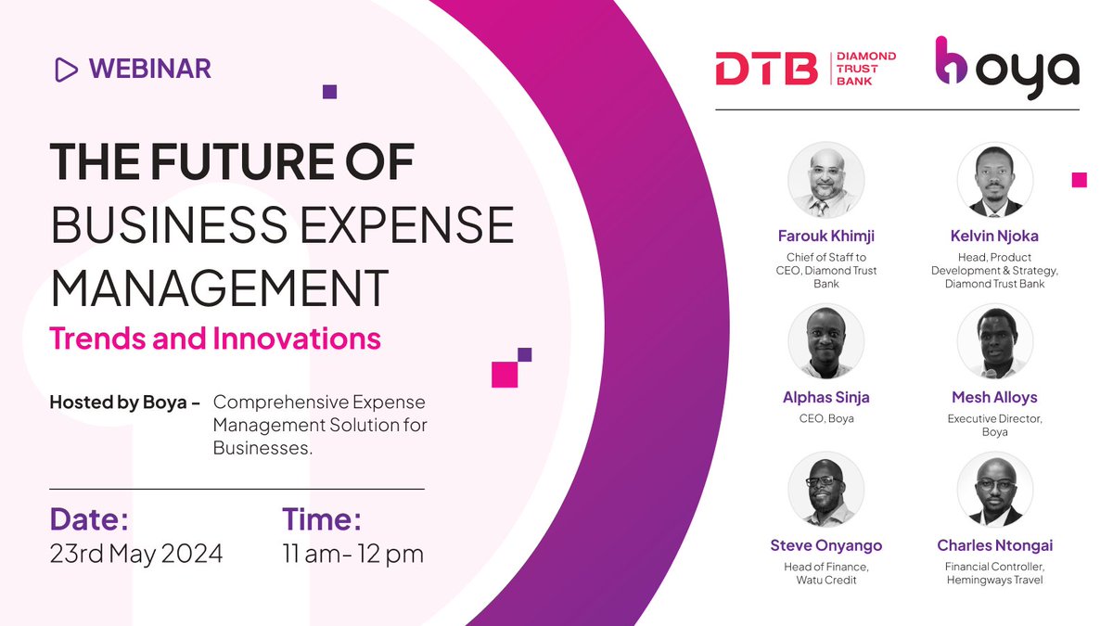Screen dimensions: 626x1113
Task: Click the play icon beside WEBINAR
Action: [66, 69]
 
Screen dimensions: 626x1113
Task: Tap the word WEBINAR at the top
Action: [150, 69]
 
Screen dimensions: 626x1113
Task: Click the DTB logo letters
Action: [766, 69]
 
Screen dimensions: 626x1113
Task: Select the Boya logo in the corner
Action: [1006, 68]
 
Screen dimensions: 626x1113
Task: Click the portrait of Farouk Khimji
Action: [825, 180]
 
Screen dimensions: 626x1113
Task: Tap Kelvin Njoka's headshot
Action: [994, 180]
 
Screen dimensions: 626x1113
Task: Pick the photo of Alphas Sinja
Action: [825, 341]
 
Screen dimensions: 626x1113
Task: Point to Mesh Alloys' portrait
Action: [994, 341]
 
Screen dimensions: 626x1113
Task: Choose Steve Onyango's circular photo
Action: [825, 489]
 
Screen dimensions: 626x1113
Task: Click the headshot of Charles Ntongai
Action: [994, 489]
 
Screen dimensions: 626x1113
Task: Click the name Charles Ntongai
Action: [994, 545]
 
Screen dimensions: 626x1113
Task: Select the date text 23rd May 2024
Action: [135, 554]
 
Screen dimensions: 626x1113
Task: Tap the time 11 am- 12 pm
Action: [352, 554]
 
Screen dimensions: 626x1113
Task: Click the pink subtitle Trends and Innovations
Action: [215, 338]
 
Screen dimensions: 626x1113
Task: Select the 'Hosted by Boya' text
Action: [124, 403]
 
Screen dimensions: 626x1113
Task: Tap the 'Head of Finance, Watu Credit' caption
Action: [825, 573]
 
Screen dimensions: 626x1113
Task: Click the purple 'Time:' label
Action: [321, 517]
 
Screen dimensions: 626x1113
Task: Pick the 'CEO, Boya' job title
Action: [825, 418]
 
